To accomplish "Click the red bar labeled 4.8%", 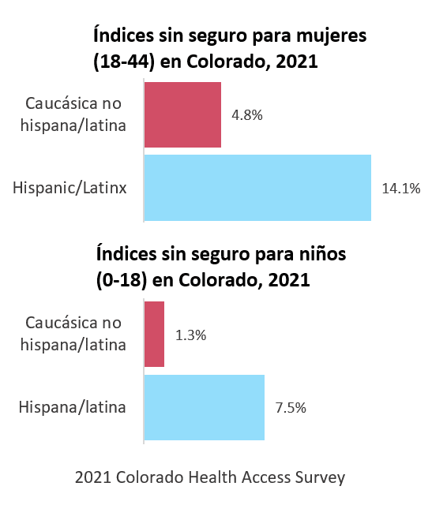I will pos(182,115).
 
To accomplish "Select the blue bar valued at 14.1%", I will pos(257,188).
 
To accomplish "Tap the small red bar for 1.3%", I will pos(154,335).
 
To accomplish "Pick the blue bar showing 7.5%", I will pos(205,408).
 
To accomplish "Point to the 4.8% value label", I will pos(246,115).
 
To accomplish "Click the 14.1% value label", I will pos(400,189).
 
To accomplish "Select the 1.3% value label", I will pos(190,335).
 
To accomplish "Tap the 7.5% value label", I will pos(290,409).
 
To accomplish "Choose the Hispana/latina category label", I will pos(73,408).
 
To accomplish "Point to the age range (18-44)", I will pos(124,62).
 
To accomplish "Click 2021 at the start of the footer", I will pos(92,477).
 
